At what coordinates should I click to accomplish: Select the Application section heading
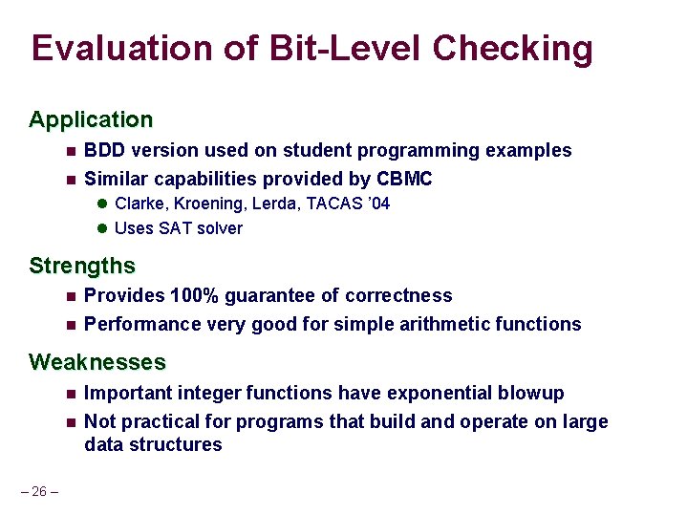(91, 120)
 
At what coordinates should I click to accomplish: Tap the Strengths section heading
(82, 266)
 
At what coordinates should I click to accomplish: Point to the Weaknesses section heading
(97, 363)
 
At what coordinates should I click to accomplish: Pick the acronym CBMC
(405, 180)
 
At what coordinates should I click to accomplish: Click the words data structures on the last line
(153, 444)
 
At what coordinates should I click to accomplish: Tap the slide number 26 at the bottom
(39, 491)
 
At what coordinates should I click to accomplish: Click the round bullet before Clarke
(102, 204)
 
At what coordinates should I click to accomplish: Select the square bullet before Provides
(71, 296)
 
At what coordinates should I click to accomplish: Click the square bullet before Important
(71, 394)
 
